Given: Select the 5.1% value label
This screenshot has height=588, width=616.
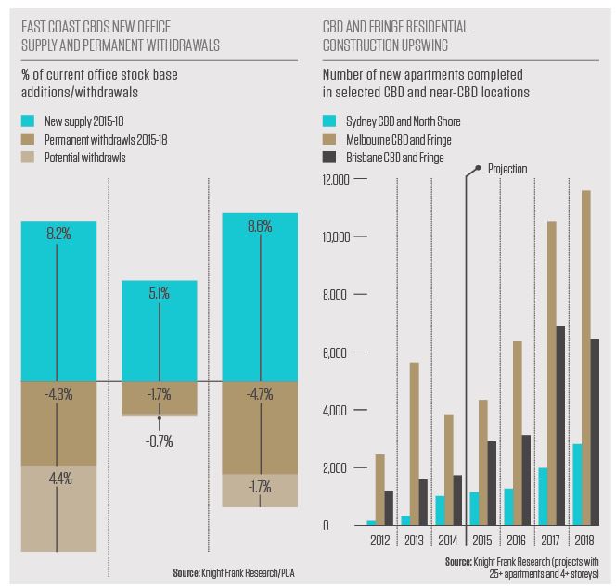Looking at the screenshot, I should pyautogui.click(x=160, y=294).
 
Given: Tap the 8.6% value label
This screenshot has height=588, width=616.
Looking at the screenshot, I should pyautogui.click(x=261, y=225).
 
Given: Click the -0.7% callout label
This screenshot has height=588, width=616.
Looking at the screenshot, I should pyautogui.click(x=160, y=441).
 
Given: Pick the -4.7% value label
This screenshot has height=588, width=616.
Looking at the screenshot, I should pyautogui.click(x=261, y=393).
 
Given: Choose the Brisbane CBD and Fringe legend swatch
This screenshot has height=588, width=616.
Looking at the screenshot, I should pyautogui.click(x=329, y=158).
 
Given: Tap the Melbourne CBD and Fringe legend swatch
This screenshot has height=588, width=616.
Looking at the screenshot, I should pyautogui.click(x=329, y=139).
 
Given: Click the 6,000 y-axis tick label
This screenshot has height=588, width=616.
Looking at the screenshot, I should pyautogui.click(x=335, y=353).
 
